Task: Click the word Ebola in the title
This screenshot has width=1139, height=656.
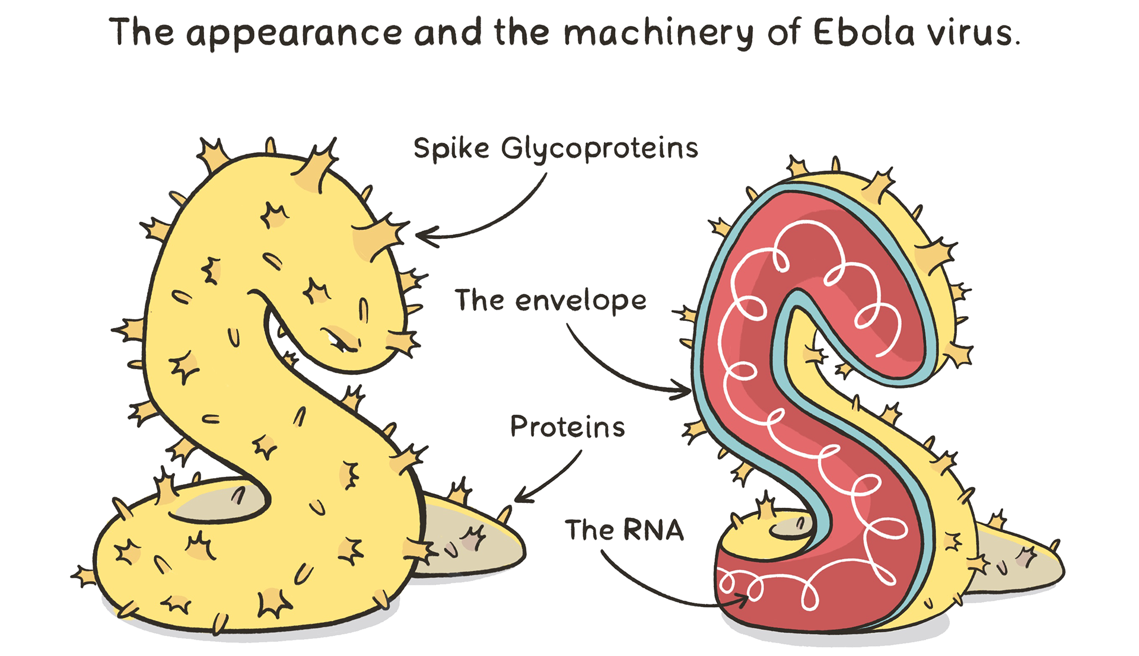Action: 863,33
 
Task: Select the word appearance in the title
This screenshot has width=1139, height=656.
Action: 294,35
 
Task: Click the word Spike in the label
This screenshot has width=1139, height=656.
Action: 451,148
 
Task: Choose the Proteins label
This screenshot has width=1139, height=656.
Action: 567,426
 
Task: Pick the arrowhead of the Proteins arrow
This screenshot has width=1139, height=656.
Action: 522,496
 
